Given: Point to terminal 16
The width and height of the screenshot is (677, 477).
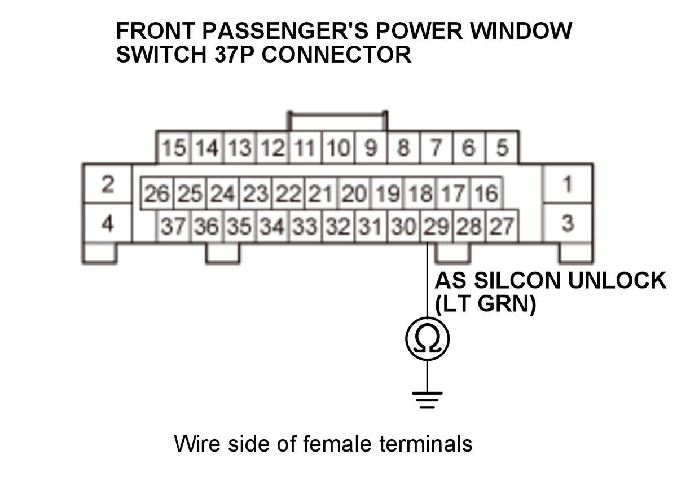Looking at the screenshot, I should click(486, 195).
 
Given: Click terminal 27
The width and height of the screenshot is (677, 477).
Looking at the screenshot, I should click(502, 227).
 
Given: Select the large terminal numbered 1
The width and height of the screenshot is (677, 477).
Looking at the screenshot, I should click(568, 184).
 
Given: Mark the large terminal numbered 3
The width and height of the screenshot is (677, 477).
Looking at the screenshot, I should click(568, 224).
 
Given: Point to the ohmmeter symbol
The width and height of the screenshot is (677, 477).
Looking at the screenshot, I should click(427, 338).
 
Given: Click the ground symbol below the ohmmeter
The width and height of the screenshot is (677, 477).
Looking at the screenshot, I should click(427, 397).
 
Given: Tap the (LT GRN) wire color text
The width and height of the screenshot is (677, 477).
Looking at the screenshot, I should click(485, 305).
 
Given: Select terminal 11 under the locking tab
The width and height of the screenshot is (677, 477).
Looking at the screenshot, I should click(305, 149).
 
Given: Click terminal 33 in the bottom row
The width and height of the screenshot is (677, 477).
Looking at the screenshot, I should click(305, 227).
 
